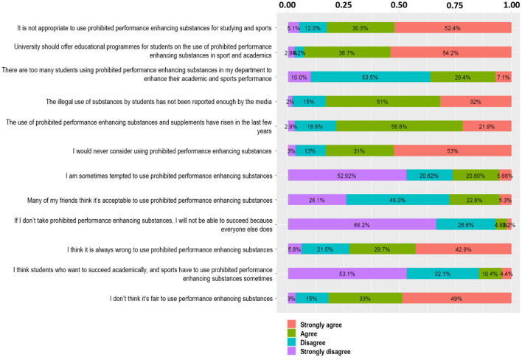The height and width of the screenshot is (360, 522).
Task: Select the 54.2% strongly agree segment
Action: (x=450, y=52)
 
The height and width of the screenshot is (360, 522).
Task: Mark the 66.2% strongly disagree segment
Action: (x=361, y=224)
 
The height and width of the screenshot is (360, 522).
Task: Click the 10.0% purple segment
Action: (x=299, y=77)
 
